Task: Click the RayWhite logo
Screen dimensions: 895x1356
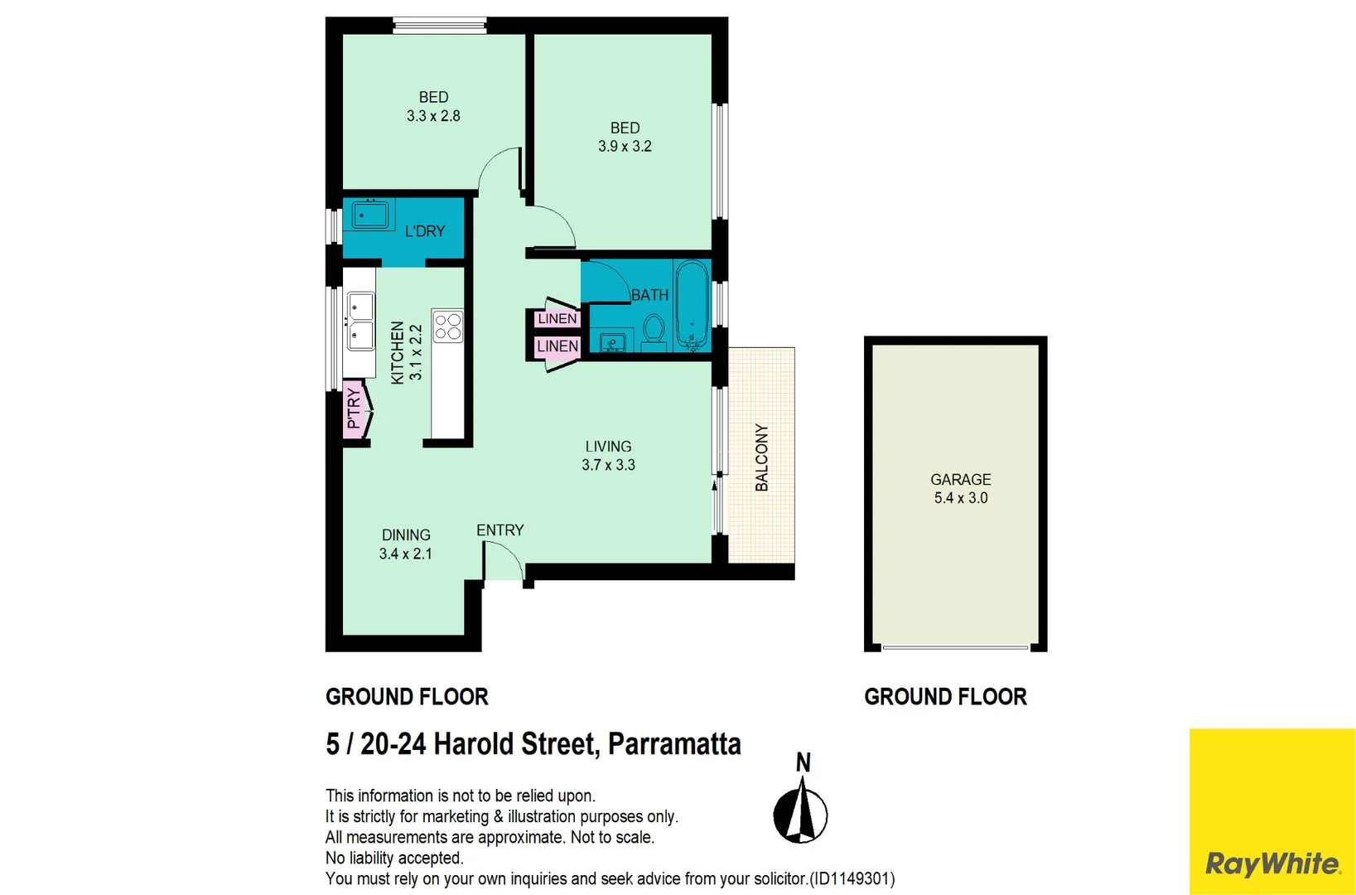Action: click(x=1272, y=864)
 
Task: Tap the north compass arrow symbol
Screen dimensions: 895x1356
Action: click(x=800, y=811)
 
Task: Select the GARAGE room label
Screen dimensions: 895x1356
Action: click(x=960, y=480)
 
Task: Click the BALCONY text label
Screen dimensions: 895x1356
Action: click(x=762, y=457)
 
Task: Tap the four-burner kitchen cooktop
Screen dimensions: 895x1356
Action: click(x=448, y=326)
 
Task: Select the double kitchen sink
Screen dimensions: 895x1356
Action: click(x=360, y=322)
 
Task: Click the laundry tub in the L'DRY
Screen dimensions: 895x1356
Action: click(x=370, y=215)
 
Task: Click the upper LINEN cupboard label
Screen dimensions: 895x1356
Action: click(x=557, y=318)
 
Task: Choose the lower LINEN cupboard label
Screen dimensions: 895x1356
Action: click(x=557, y=346)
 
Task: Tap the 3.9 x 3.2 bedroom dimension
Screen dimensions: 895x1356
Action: click(x=625, y=147)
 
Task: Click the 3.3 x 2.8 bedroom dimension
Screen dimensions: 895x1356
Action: click(x=433, y=116)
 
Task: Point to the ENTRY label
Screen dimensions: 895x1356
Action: click(x=499, y=530)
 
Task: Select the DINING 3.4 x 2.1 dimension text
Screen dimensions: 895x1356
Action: click(x=405, y=554)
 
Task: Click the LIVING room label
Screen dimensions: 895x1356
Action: click(x=608, y=447)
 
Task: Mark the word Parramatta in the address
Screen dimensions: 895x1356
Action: click(x=674, y=744)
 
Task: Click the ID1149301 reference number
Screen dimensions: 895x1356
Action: click(x=852, y=878)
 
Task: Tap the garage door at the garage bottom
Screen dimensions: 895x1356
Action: click(x=955, y=647)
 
